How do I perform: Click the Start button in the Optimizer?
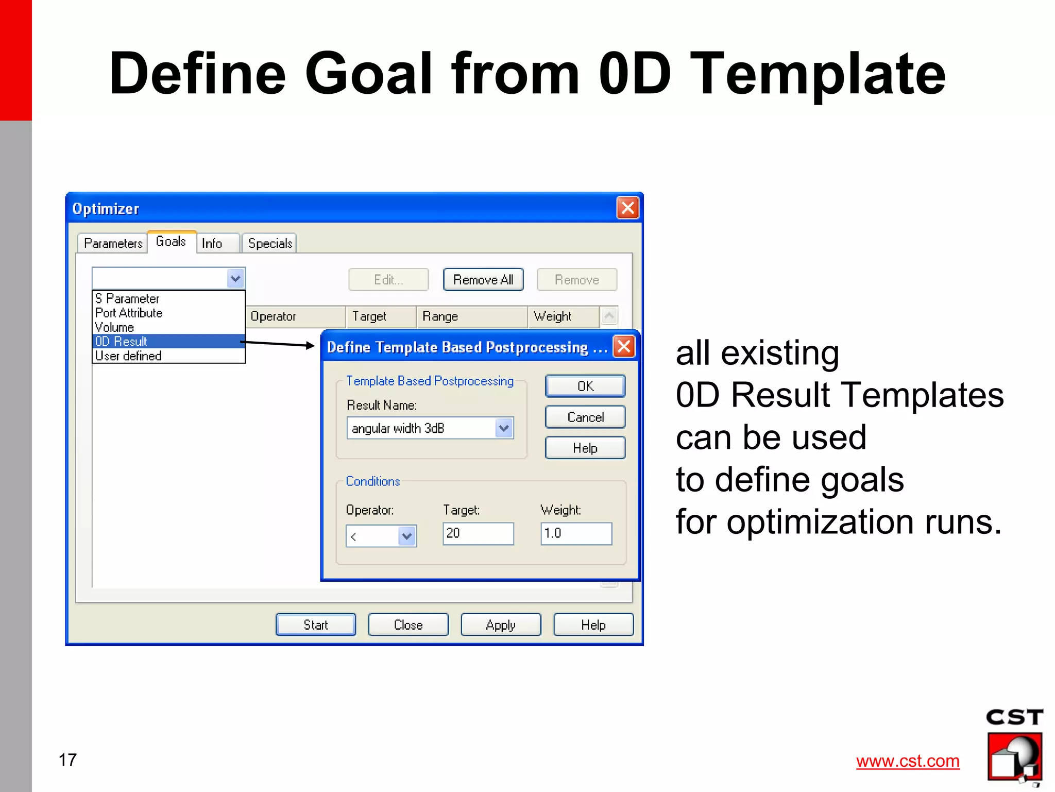pyautogui.click(x=315, y=625)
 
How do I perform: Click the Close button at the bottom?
pyautogui.click(x=408, y=625)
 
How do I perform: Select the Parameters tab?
pyautogui.click(x=113, y=243)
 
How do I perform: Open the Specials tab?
pyautogui.click(x=269, y=243)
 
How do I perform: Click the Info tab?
pyautogui.click(x=212, y=243)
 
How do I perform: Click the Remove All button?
pyautogui.click(x=483, y=280)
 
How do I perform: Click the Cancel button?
pyautogui.click(x=585, y=417)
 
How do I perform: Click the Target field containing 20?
pyautogui.click(x=478, y=533)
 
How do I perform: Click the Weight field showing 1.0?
pyautogui.click(x=575, y=533)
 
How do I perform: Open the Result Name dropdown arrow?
pyautogui.click(x=504, y=428)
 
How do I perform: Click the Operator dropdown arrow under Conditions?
pyautogui.click(x=407, y=536)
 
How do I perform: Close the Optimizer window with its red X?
pyautogui.click(x=627, y=208)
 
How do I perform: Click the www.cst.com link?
pyautogui.click(x=908, y=761)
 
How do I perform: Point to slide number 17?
pyautogui.click(x=67, y=760)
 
